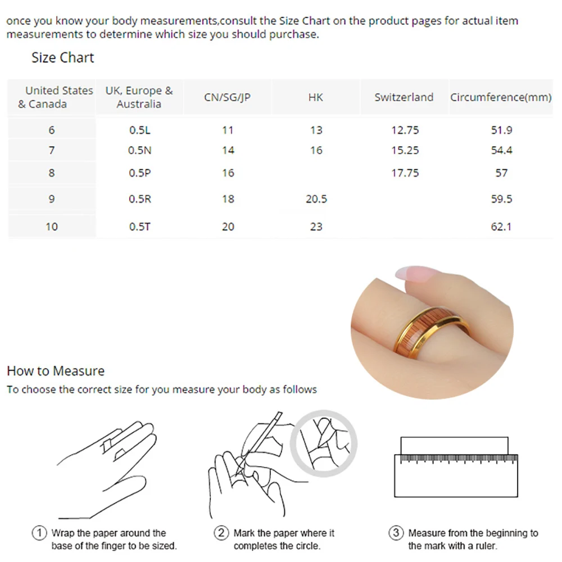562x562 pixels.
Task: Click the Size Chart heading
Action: (63, 58)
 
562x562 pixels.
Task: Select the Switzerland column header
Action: (404, 97)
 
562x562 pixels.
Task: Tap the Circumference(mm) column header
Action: (501, 97)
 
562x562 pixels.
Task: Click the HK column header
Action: (316, 97)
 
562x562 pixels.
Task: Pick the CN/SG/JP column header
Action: (227, 97)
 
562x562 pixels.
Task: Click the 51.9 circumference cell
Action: (501, 130)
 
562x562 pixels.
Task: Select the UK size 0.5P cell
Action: (140, 173)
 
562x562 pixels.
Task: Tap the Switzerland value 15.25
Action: (405, 150)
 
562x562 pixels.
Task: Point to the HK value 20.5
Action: (316, 199)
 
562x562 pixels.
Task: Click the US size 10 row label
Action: (52, 226)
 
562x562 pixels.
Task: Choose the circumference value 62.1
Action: (501, 226)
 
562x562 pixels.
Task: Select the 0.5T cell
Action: (140, 226)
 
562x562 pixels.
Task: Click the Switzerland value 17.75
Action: (405, 173)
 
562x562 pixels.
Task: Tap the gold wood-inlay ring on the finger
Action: (430, 332)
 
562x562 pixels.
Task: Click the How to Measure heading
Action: (56, 371)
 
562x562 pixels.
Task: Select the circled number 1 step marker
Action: (39, 533)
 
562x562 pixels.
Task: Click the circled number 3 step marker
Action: (396, 533)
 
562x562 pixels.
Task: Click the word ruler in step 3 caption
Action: (486, 546)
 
